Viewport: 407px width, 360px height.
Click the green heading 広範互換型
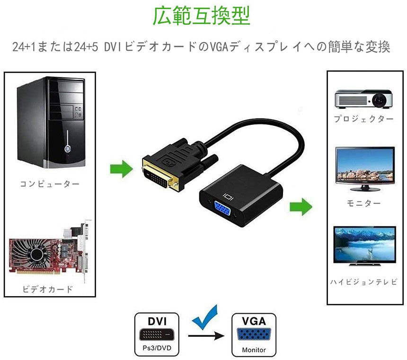click(x=201, y=16)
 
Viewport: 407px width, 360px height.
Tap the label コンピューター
click(x=50, y=184)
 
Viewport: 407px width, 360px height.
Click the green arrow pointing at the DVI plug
click(x=121, y=168)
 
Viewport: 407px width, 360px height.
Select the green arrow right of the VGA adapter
click(x=301, y=206)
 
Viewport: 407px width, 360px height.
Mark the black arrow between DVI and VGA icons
click(x=206, y=337)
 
